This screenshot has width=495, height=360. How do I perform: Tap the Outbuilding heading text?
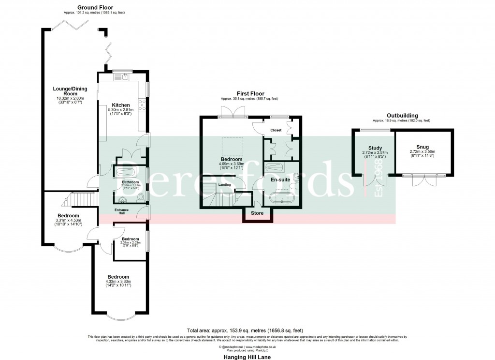pos(401,116)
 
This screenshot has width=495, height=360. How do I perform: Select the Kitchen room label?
pos(121,105)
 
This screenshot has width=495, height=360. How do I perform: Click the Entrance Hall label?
pos(121,211)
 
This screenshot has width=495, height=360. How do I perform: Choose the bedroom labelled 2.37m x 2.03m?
pos(130,239)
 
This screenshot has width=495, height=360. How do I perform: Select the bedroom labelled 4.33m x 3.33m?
pos(118,277)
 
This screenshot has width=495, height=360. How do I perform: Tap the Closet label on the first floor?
pos(276,130)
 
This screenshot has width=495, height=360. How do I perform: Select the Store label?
pos(257,212)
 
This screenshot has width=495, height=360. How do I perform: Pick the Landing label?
pos(224,185)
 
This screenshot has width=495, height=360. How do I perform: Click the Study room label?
pos(375,148)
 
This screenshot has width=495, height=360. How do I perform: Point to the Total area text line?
pos(247,330)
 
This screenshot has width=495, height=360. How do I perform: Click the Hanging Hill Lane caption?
pos(247,357)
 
